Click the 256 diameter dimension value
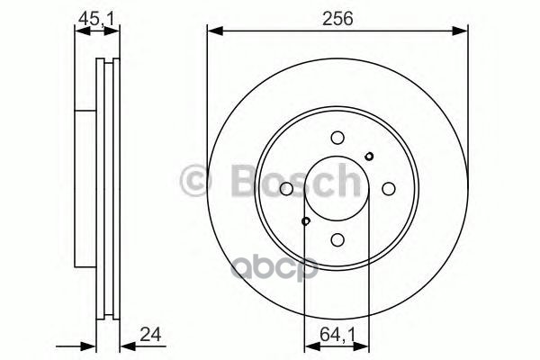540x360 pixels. pos(337,16)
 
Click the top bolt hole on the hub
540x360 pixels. pos(337,138)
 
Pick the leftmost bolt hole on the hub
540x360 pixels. pos(286,189)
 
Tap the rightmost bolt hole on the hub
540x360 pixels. pos(389,189)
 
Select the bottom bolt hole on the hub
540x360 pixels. pos(337,240)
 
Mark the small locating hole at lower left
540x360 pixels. pos(306,221)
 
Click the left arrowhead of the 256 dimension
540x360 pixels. pos(212,33)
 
